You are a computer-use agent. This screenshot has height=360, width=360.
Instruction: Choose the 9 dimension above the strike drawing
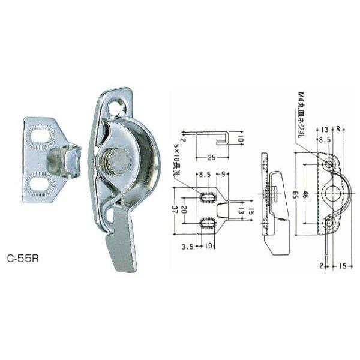point(224,175)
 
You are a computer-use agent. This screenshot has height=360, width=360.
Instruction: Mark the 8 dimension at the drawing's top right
point(340,128)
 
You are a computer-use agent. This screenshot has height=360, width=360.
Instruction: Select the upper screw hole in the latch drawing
point(329,164)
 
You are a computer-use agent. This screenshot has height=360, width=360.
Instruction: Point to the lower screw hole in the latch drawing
point(329,223)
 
